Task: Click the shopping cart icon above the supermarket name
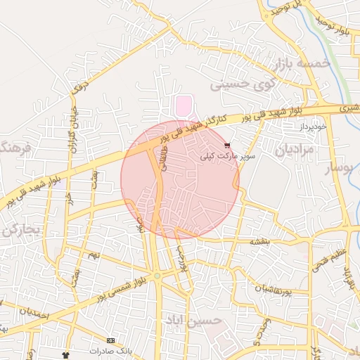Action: [x=226, y=145]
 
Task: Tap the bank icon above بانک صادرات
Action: [x=110, y=341]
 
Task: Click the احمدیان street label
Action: [x=28, y=313]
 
